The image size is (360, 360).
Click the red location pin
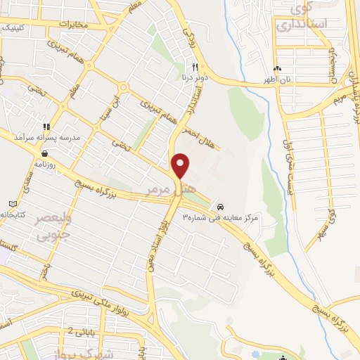pos(181,165)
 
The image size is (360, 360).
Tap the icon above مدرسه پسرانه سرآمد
pos(46,126)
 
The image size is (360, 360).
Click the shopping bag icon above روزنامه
pos(45,153)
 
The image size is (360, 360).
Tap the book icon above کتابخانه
pos(9,204)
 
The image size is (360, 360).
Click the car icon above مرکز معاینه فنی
pos(221,207)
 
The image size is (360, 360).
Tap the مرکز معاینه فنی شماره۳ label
pos(221,218)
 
